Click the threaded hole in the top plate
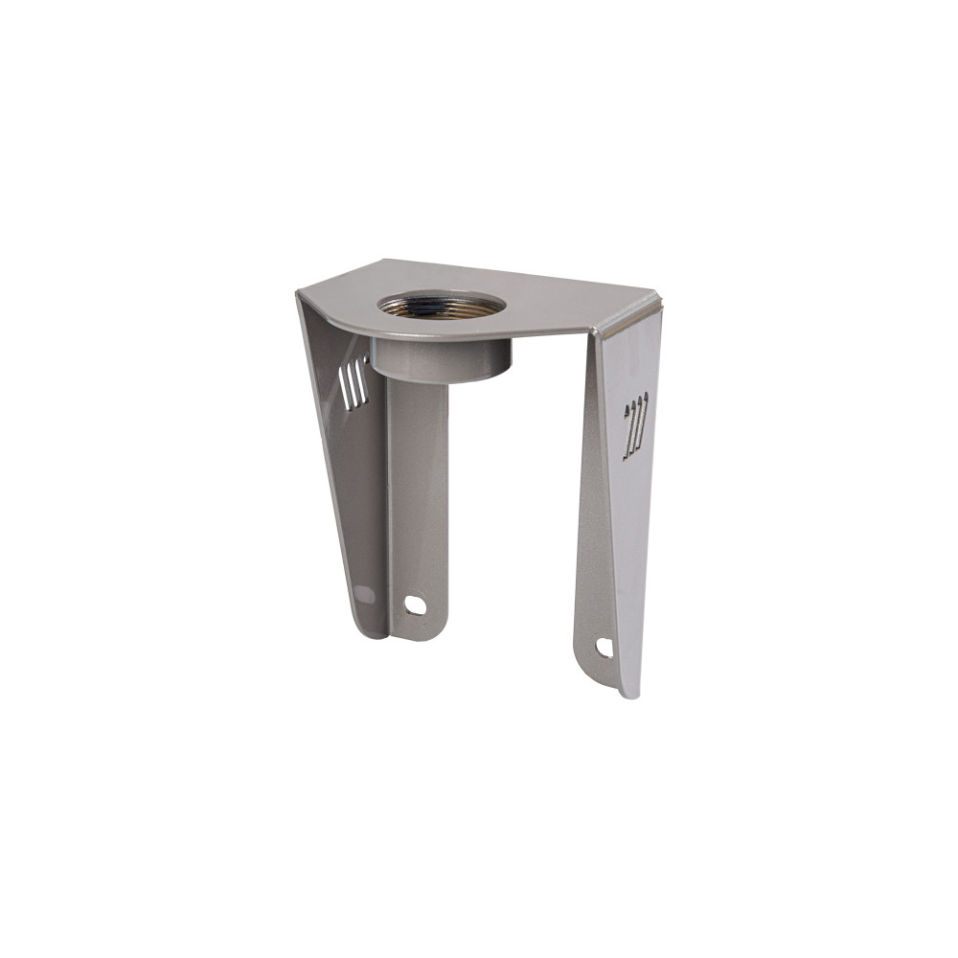pyautogui.click(x=441, y=307)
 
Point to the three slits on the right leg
pyautogui.click(x=635, y=424)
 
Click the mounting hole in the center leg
pyautogui.click(x=415, y=604)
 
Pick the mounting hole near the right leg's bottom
pyautogui.click(x=604, y=648)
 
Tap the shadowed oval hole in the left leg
pyautogui.click(x=364, y=594)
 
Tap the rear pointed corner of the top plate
pyautogui.click(x=383, y=261)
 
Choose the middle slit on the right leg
pyautogui.click(x=635, y=424)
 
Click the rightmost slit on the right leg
pyautogui.click(x=644, y=422)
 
